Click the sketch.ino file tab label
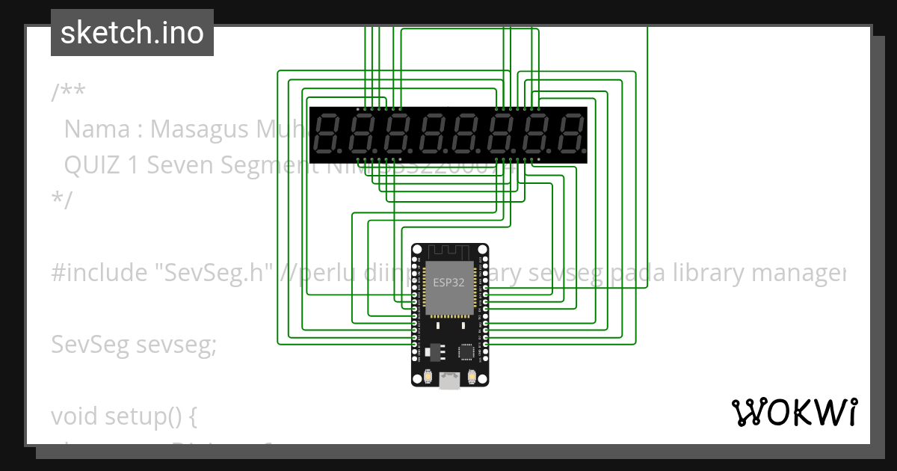click(x=132, y=33)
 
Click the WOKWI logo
click(x=794, y=412)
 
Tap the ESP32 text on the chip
click(x=449, y=283)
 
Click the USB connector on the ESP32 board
click(x=449, y=381)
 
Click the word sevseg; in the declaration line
click(x=180, y=345)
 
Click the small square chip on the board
click(x=466, y=350)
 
